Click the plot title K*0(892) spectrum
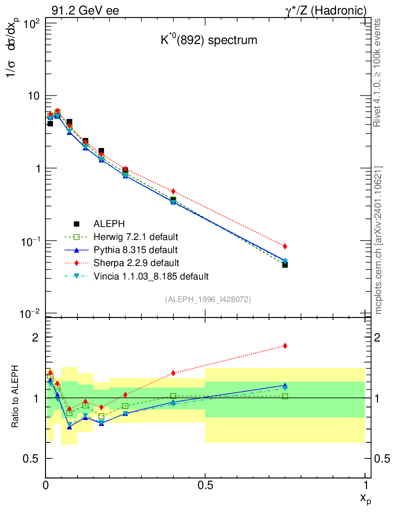pos(208,40)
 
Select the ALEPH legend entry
pos(109,223)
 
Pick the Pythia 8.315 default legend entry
pos(135,249)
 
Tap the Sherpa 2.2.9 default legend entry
pos(136,262)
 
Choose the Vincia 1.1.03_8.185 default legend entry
pos(151,275)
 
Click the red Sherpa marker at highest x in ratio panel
pos(285,345)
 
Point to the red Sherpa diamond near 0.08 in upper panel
pos(69,126)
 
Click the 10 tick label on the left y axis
pos(34,95)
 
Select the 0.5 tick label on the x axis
pos(205,485)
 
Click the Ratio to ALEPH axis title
pos(15,398)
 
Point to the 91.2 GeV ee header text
pos(84,10)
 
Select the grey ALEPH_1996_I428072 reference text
pos(207,299)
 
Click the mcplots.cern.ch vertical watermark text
pos(378,240)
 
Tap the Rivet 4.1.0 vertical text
pos(378,72)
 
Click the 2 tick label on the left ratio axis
pos(35,337)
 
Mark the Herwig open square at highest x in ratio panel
pos(285,396)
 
